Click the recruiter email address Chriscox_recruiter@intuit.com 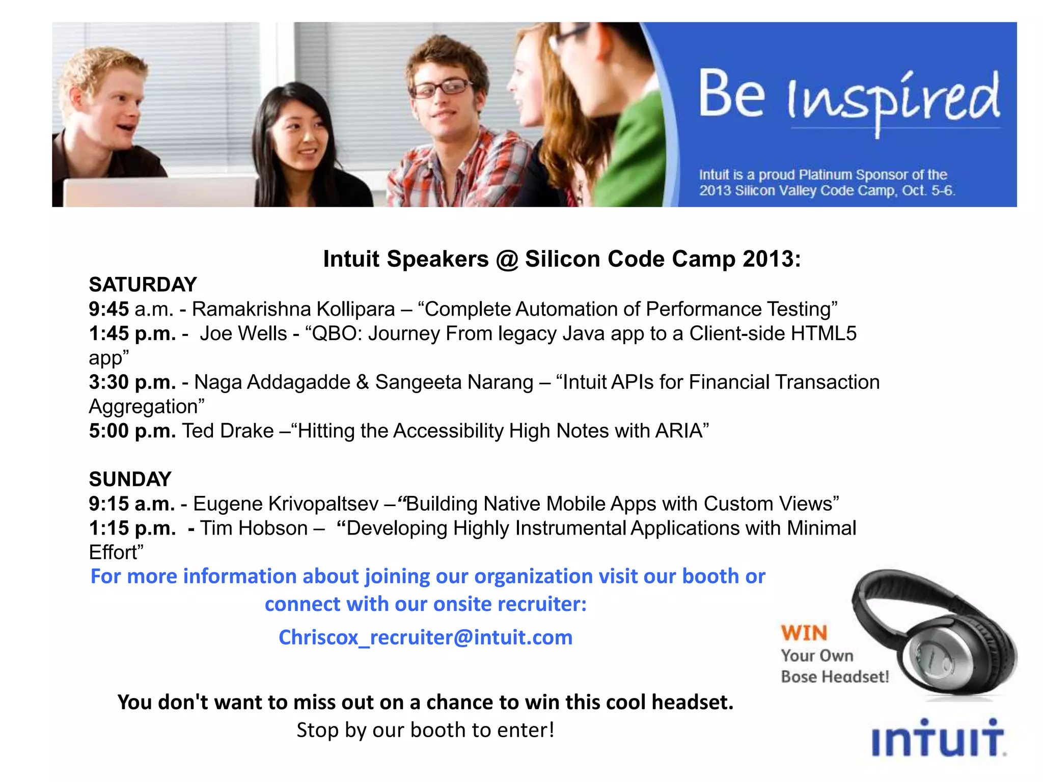pyautogui.click(x=425, y=637)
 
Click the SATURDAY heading pyautogui.click(x=143, y=285)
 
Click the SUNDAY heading pyautogui.click(x=130, y=479)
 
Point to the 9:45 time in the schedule pyautogui.click(x=108, y=309)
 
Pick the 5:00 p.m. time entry pyautogui.click(x=132, y=431)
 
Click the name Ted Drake pyautogui.click(x=228, y=431)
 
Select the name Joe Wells pyautogui.click(x=243, y=333)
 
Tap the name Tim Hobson pyautogui.click(x=254, y=528)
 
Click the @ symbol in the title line pyautogui.click(x=507, y=259)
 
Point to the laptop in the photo pyautogui.click(x=158, y=191)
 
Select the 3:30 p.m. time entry pyautogui.click(x=132, y=382)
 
